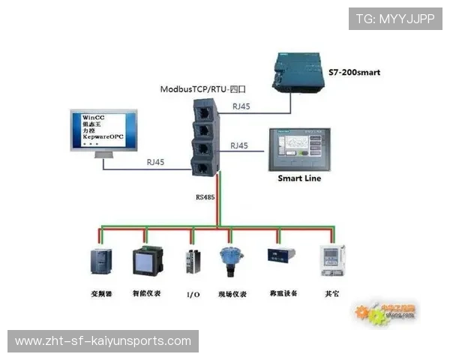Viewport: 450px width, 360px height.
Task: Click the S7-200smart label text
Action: click(x=355, y=73)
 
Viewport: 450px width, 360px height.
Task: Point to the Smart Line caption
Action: click(x=300, y=178)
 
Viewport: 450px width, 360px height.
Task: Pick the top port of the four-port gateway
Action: click(x=203, y=112)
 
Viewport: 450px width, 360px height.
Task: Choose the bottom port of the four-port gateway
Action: click(x=203, y=166)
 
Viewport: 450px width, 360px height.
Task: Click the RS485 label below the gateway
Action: click(x=205, y=198)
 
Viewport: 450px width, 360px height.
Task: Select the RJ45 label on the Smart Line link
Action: click(x=239, y=145)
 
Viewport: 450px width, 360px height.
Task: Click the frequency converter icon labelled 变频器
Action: click(x=100, y=262)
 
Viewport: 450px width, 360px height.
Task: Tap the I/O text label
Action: click(x=193, y=294)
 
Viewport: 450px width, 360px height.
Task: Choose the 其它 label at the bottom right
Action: click(x=331, y=292)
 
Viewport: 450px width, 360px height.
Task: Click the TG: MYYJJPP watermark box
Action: click(x=395, y=19)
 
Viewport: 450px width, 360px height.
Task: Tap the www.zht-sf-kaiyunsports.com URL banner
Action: click(x=103, y=341)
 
